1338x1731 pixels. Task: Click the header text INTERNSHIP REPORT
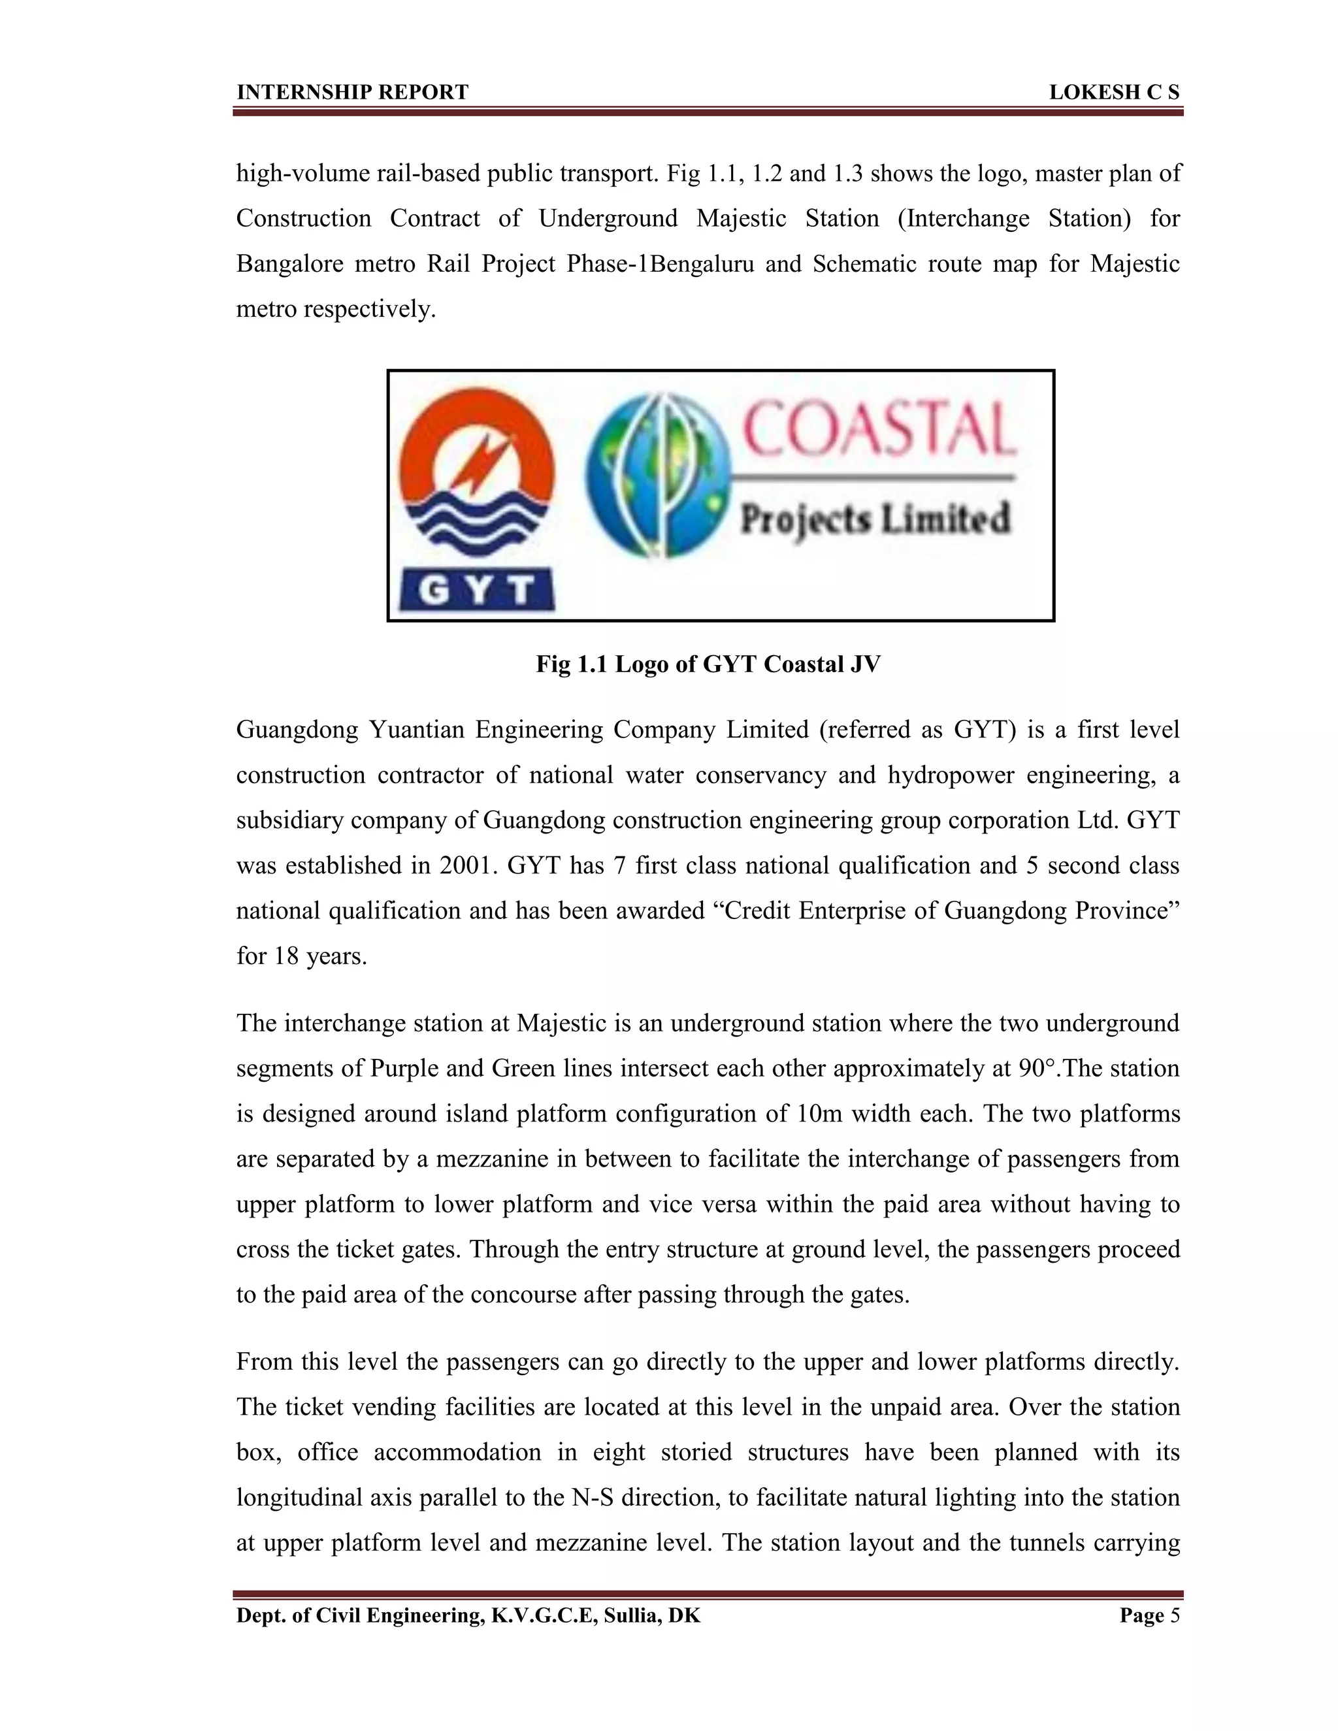click(352, 93)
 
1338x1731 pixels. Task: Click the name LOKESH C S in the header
click(1114, 93)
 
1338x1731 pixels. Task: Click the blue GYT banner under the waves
click(476, 590)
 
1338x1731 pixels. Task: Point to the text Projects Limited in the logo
click(875, 519)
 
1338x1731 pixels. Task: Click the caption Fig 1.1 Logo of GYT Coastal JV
click(708, 664)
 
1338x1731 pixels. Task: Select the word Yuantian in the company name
click(416, 729)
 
